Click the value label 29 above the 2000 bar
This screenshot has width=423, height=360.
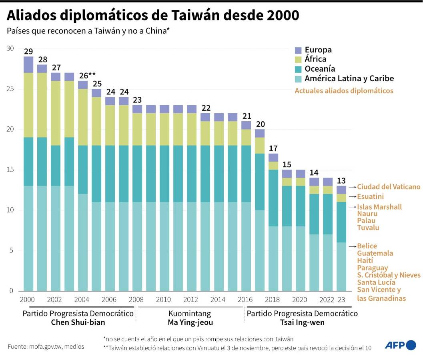pos(28,52)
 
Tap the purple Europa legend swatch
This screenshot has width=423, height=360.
pos(298,50)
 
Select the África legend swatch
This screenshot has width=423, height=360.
pos(298,60)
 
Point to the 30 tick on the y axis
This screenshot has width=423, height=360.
pos(10,48)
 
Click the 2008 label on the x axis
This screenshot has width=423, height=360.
pos(137,300)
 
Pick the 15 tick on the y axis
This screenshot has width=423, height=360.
pos(10,170)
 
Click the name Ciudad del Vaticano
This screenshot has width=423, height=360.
pos(389,187)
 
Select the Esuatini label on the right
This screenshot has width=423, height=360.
pos(370,196)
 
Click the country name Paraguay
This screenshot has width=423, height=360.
pos(372,268)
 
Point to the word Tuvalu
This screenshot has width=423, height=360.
pos(368,228)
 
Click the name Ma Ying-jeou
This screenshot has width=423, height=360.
pos(190,322)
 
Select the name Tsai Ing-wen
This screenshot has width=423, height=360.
pos(302,322)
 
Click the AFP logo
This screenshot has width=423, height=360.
pos(400,345)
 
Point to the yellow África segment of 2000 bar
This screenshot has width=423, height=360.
pos(28,105)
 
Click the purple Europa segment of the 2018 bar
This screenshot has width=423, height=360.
pos(273,157)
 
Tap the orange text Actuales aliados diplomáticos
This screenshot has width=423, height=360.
pos(344,91)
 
